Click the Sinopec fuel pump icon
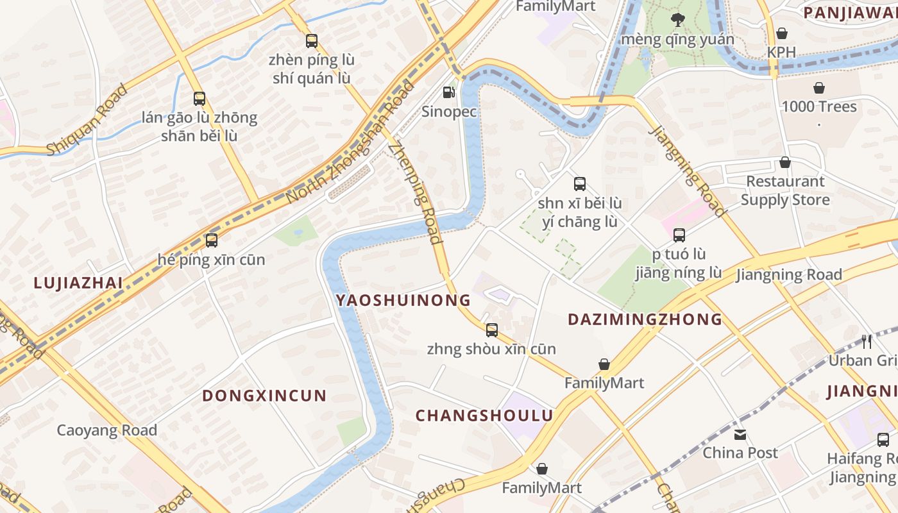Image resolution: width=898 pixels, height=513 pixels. pos(449,92)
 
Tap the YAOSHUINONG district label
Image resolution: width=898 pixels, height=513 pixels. pos(403,300)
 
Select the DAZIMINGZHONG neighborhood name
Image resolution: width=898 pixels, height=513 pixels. pos(645,319)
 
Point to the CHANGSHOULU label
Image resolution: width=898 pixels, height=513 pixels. pos(484,416)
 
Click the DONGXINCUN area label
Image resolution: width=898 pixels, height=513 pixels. pos(264,396)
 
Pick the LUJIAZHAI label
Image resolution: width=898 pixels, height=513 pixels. pos(78,282)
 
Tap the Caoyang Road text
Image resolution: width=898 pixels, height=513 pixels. pos(106,430)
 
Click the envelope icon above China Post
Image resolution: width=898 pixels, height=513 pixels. pos(740,435)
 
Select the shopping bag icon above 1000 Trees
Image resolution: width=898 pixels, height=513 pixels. pos(818,88)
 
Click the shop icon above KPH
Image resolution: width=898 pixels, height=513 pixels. pos(781,33)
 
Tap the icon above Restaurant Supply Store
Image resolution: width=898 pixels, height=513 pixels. pos(784,163)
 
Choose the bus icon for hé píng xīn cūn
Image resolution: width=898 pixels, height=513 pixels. pos(211,240)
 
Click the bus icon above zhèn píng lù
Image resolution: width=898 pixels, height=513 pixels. pos(312,41)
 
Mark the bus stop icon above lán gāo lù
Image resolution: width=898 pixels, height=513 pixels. pos(199,99)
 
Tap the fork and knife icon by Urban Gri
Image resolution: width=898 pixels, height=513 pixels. pos(867,341)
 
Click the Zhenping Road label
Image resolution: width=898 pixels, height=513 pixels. pos(415,192)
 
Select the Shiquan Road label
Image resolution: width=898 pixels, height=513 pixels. pos(88,120)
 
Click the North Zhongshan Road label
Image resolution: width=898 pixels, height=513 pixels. pos(350,142)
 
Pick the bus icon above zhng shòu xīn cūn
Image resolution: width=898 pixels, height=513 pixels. pos(492,330)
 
